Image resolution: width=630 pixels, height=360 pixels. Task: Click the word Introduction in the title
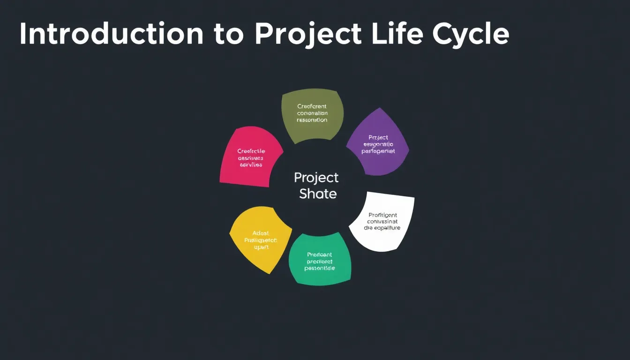point(111,34)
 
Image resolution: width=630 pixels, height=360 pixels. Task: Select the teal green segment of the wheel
point(320,260)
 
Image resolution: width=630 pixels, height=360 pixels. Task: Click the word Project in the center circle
point(316,178)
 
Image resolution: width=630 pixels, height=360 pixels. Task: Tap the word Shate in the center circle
point(318,194)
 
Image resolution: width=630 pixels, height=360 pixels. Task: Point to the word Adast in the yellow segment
point(261,233)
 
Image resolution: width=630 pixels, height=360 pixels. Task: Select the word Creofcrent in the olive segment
point(312,106)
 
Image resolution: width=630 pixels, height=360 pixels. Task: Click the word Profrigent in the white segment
point(382,215)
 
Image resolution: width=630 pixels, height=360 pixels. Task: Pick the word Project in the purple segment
point(378,137)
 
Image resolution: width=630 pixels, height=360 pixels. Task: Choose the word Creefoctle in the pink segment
point(251,151)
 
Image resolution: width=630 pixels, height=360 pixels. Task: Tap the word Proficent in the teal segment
point(319,255)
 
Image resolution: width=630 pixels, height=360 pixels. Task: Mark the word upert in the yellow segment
point(261,247)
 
